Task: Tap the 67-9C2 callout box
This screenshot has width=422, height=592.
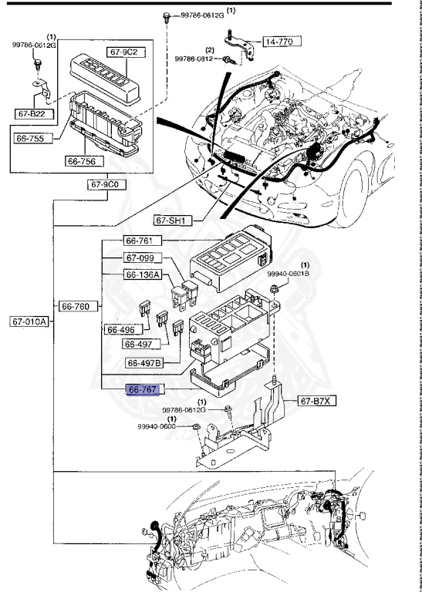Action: tap(123, 52)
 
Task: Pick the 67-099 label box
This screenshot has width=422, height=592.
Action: tap(140, 258)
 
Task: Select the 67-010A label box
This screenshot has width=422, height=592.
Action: tap(29, 321)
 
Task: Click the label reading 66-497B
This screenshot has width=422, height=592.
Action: tap(143, 362)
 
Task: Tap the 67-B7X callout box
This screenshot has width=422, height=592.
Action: tap(317, 402)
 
